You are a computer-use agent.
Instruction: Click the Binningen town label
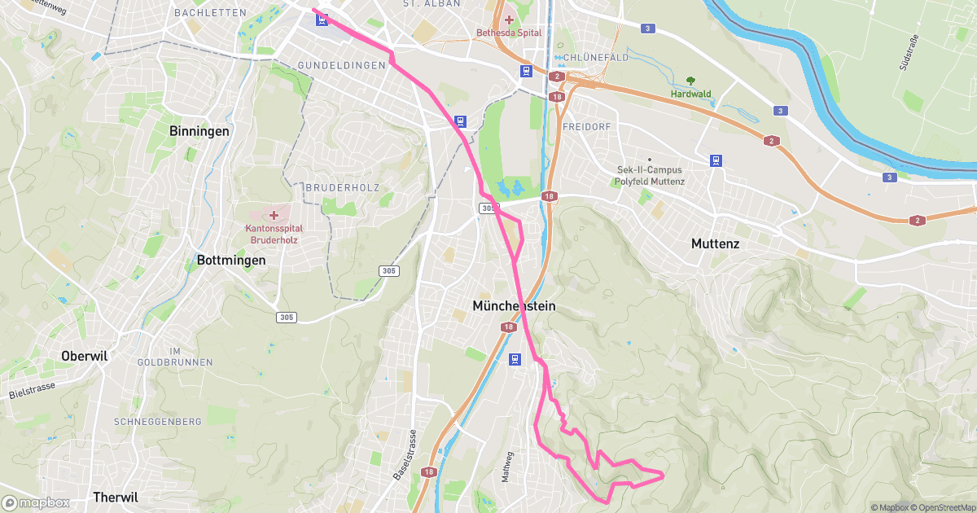pos(199,130)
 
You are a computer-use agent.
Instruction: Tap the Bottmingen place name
pos(231,261)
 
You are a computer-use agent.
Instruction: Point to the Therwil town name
pos(116,497)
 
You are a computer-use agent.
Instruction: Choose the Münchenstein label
pos(514,306)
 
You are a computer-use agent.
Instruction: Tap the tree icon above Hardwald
pos(690,81)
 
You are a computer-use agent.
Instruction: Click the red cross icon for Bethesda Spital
pos(509,20)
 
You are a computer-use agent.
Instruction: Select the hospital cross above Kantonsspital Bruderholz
pos(274,215)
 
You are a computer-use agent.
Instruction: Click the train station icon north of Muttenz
pos(716,160)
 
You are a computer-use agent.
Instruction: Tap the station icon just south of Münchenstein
pos(514,359)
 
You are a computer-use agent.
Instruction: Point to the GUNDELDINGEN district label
pos(341,65)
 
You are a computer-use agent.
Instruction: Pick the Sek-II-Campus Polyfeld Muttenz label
pos(651,176)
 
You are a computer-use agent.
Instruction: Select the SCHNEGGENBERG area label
pos(158,422)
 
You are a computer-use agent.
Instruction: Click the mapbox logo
pos(36,502)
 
